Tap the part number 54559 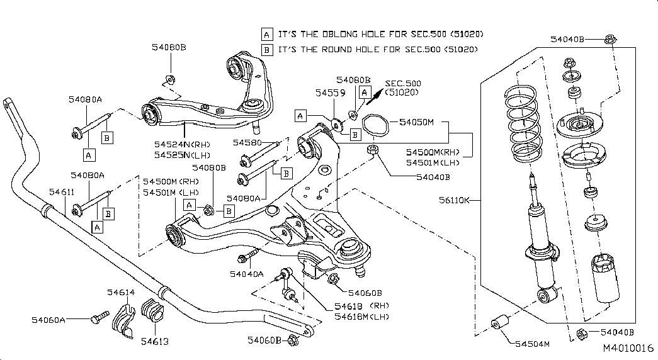pyautogui.click(x=331, y=92)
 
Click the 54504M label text pyautogui.click(x=532, y=344)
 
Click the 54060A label pyautogui.click(x=48, y=320)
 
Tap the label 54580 pyautogui.click(x=247, y=142)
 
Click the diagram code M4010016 pyautogui.click(x=628, y=348)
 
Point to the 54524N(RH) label pyautogui.click(x=182, y=144)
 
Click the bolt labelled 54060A pyautogui.click(x=96, y=318)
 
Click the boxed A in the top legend pyautogui.click(x=267, y=33)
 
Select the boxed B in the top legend pyautogui.click(x=267, y=49)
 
